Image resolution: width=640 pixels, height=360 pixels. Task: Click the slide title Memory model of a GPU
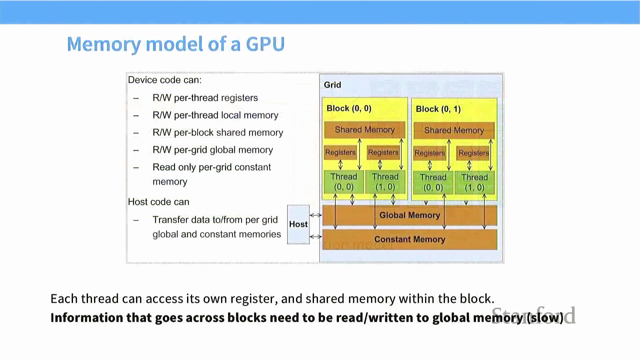pos(176,44)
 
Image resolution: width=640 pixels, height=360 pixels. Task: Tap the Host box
pos(298,224)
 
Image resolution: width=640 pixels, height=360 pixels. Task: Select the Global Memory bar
pos(410,215)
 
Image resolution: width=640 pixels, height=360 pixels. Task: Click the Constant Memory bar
pos(410,239)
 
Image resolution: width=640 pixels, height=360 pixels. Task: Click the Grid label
pos(332,85)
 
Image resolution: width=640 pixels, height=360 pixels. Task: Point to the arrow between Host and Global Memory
pos(315,215)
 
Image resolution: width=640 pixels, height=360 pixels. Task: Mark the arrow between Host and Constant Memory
pos(315,237)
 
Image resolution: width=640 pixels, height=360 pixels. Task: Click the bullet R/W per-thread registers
pos(205,98)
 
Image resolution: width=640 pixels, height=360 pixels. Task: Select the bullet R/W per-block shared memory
pos(218,133)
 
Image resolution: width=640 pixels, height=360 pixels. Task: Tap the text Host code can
pos(159,202)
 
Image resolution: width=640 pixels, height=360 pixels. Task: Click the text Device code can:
pos(165,80)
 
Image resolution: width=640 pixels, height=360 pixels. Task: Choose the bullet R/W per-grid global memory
pos(213,150)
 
